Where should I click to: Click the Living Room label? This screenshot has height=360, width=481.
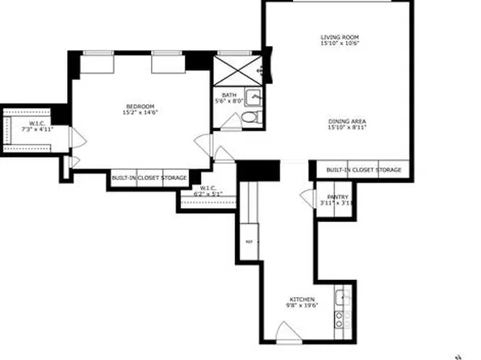tap(339, 38)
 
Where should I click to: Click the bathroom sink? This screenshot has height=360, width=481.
tap(254, 98)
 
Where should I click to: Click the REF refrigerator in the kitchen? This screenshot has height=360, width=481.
tap(249, 241)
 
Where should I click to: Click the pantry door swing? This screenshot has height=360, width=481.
tap(307, 196)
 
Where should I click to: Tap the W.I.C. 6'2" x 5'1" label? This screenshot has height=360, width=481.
tap(211, 192)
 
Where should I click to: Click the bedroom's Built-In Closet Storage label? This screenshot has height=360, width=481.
tap(149, 178)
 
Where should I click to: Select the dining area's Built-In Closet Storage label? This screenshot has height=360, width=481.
tap(364, 170)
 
